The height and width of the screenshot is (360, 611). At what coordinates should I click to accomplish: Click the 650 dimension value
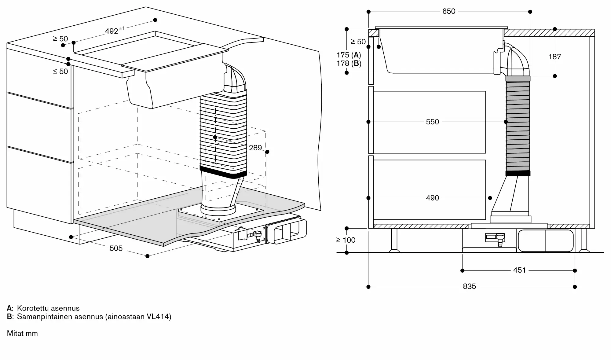point(449,11)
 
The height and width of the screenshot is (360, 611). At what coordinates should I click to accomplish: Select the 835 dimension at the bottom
point(469,286)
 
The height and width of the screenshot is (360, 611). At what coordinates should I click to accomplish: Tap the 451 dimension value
point(519,270)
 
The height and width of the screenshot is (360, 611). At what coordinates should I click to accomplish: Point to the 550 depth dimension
point(432,122)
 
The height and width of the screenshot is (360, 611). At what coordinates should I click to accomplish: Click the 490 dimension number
point(432,198)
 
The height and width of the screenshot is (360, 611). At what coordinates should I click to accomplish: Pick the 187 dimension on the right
point(554,57)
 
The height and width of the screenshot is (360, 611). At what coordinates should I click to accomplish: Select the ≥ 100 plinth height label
point(346,240)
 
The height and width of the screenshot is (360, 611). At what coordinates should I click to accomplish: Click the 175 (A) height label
point(349,55)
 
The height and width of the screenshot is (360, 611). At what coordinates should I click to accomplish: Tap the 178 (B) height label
point(349,63)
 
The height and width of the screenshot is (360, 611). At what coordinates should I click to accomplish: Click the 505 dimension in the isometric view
point(116,248)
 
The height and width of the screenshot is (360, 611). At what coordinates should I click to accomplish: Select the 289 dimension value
point(255,148)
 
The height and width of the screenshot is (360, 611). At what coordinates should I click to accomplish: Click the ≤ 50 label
point(60,71)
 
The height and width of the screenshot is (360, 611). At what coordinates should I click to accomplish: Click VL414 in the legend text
point(158,316)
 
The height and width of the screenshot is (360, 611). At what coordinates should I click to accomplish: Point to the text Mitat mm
point(22,333)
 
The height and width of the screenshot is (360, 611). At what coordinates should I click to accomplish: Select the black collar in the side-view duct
point(518,173)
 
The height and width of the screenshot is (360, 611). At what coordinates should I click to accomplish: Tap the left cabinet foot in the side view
point(394,241)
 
